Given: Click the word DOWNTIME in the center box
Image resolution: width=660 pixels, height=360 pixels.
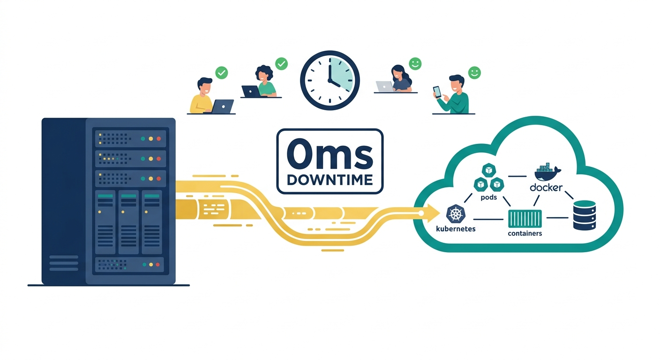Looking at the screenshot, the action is [330, 180].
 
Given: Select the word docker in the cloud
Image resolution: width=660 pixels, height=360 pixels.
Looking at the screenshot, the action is [546, 187].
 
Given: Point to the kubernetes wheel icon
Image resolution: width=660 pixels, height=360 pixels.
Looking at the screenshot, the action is [456, 214].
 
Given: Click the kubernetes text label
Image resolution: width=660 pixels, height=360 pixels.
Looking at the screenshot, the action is [456, 229].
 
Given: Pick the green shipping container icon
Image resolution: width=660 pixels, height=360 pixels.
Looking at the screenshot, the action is [525, 218].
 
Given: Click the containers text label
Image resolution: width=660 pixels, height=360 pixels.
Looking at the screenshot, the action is [525, 233].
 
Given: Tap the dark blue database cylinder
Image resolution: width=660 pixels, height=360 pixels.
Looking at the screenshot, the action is [585, 215].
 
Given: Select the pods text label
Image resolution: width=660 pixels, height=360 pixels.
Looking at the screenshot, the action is [489, 197].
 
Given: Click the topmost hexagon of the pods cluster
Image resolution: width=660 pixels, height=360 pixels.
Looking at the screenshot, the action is [489, 170].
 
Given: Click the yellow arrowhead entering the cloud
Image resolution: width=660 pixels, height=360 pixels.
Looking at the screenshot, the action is [432, 213].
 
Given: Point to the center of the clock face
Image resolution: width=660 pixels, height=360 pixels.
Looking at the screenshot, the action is [330, 80].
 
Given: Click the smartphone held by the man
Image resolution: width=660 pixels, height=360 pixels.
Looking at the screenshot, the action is [437, 92].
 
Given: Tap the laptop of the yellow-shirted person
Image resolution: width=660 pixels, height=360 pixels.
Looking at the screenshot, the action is [222, 106].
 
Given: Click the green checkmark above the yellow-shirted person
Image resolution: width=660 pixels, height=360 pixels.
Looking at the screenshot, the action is [222, 73].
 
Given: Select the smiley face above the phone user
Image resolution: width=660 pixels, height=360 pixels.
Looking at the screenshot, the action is [474, 73].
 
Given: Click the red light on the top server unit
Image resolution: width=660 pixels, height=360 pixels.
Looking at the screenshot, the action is [159, 138].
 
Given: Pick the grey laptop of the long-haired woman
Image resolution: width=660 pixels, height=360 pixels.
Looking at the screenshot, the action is [384, 87].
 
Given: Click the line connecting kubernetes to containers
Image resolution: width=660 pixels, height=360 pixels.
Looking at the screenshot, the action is [488, 219].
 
